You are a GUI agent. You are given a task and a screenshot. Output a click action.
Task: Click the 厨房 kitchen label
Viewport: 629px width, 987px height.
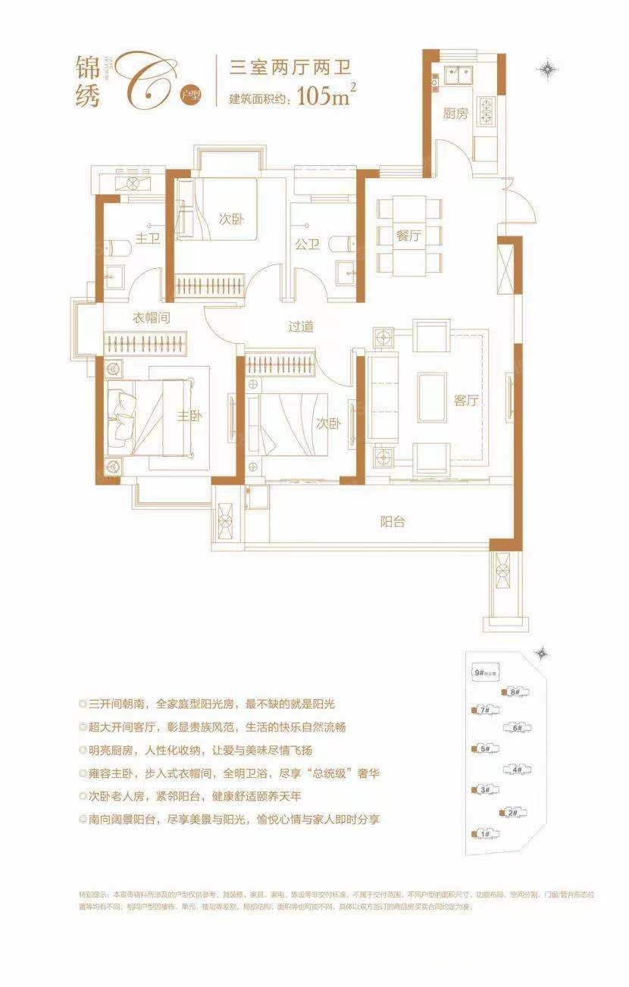[455, 114]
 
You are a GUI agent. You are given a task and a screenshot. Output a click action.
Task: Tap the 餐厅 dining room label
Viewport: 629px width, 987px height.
[408, 236]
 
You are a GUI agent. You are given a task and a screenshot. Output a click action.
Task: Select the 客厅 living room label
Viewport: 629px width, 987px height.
[467, 401]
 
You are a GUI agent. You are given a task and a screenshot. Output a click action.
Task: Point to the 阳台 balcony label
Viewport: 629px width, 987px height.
[392, 521]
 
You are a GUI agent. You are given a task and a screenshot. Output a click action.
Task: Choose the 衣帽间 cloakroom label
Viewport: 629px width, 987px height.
[152, 318]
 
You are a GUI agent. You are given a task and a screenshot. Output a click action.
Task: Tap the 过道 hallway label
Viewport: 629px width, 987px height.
[301, 326]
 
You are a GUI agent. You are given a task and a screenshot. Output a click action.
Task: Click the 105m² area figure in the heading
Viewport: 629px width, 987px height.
[327, 97]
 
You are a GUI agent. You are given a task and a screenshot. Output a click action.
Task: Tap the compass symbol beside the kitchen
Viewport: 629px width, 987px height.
[548, 70]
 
